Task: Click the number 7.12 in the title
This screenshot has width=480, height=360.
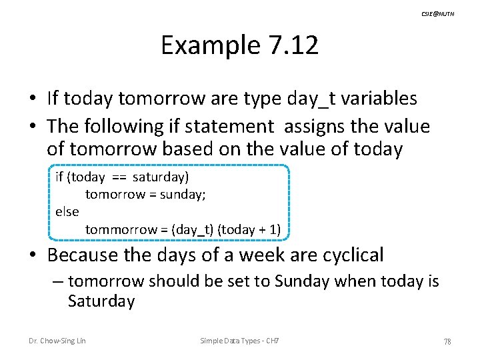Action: [x=293, y=46]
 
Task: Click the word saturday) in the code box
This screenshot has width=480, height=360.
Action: [x=161, y=177]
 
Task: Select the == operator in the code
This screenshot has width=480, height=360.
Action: [x=119, y=177]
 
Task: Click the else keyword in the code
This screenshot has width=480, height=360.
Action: [x=67, y=211]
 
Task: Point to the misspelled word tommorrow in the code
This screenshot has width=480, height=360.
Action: [x=121, y=229]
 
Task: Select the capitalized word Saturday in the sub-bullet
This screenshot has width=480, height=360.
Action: [x=101, y=301]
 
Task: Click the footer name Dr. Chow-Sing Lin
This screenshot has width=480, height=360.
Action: [x=57, y=341]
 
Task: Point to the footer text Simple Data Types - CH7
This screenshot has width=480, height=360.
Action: [x=239, y=341]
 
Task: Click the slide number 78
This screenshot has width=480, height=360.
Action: [x=447, y=342]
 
